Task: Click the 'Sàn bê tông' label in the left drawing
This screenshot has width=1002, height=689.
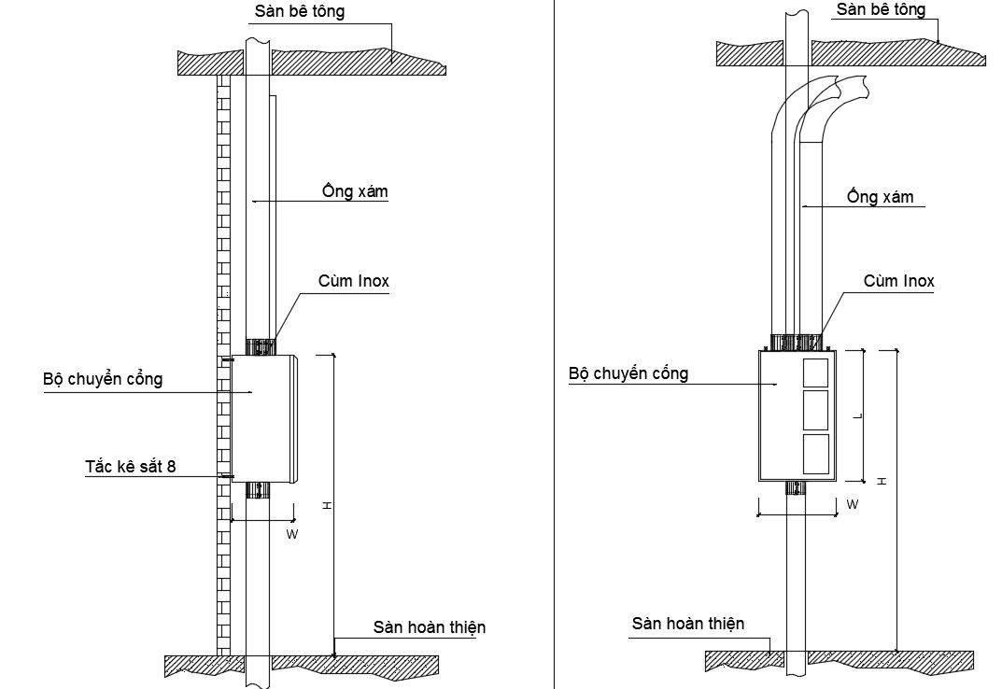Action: pyautogui.click(x=300, y=11)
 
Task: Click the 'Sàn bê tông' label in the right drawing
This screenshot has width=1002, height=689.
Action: pyautogui.click(x=881, y=9)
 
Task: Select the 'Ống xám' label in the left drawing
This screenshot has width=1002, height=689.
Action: pyautogui.click(x=355, y=191)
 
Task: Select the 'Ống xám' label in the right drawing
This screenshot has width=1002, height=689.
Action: pyautogui.click(x=881, y=196)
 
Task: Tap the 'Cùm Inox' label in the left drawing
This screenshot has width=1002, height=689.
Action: pyautogui.click(x=353, y=281)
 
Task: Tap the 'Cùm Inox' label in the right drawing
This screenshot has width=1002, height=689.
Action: pyautogui.click(x=898, y=281)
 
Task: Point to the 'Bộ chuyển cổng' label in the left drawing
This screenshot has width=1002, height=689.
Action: pyautogui.click(x=103, y=378)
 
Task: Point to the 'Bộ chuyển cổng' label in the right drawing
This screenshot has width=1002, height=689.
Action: pyautogui.click(x=628, y=373)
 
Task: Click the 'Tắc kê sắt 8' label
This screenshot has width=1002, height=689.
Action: pyautogui.click(x=131, y=466)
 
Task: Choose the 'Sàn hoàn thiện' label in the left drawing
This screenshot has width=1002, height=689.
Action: pyautogui.click(x=430, y=627)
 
